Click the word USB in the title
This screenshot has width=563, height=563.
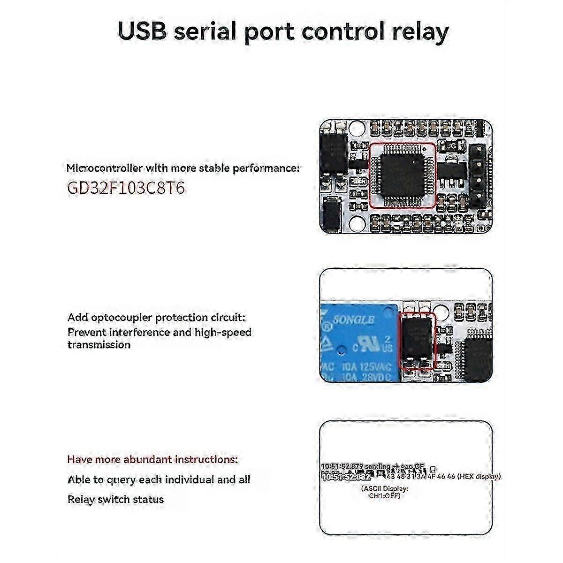pyautogui.click(x=142, y=32)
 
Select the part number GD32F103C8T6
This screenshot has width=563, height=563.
pyautogui.click(x=126, y=188)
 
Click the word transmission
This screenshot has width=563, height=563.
pyautogui.click(x=99, y=345)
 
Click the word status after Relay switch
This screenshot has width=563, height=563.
pyautogui.click(x=148, y=499)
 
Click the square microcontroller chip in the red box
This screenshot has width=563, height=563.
pyautogui.click(x=402, y=175)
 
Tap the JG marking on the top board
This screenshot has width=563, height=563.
pyautogui.click(x=451, y=146)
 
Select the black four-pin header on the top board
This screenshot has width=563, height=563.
pyautogui.click(x=478, y=176)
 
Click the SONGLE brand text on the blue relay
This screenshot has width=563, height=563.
pyautogui.click(x=353, y=320)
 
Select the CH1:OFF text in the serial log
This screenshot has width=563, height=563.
pyautogui.click(x=385, y=495)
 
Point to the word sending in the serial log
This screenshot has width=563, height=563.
pyautogui.click(x=377, y=466)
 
